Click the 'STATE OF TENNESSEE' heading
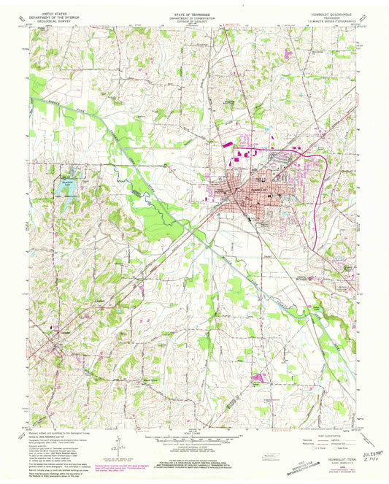point(193,14)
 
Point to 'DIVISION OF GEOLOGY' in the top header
point(193,22)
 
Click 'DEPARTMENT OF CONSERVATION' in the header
point(193,18)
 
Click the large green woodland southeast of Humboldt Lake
point(157,219)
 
